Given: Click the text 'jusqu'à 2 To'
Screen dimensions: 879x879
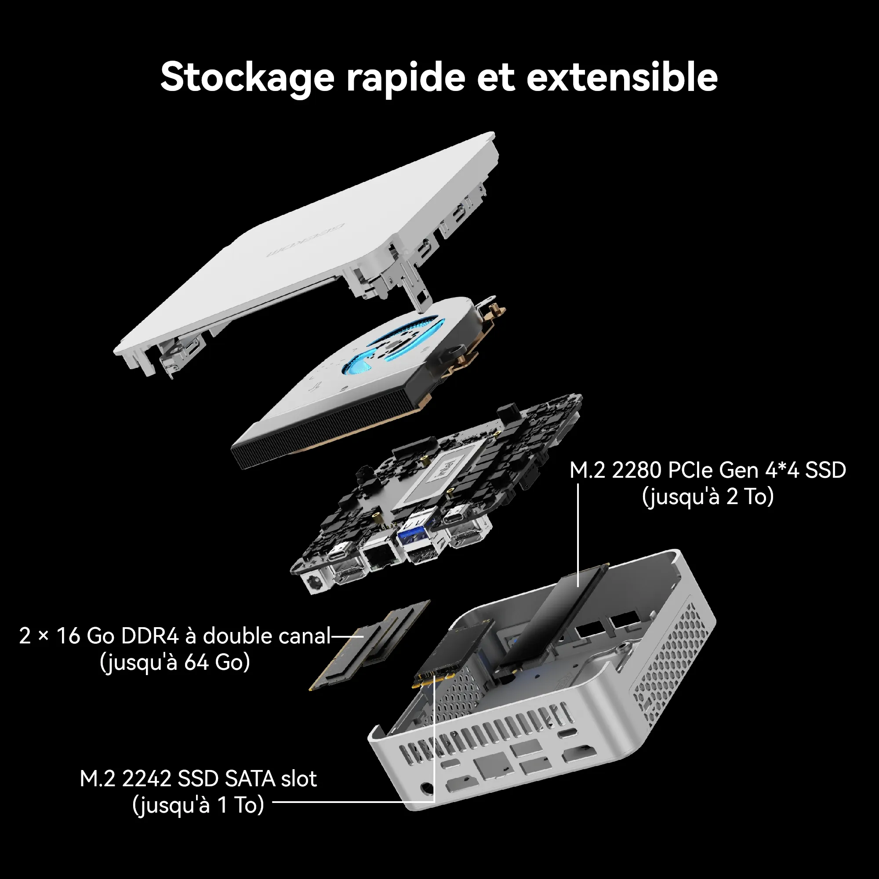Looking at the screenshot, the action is [708, 497].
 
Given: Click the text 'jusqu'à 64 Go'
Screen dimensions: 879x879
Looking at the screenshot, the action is [175, 662].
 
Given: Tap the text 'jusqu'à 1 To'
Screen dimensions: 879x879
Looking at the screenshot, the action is [198, 805].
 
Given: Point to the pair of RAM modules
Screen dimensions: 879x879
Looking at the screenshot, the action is [370, 644].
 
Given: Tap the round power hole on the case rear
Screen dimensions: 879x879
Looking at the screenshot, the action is [426, 788].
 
